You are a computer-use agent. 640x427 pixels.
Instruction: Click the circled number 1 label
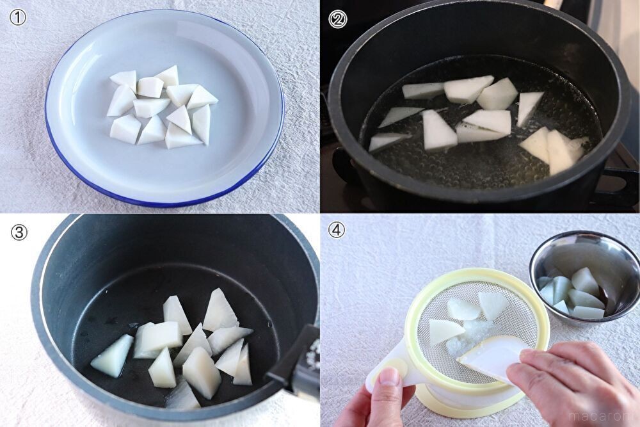coord(17,18)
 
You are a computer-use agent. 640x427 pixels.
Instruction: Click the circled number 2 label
coord(337,19)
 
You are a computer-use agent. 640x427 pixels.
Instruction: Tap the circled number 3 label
coord(19,232)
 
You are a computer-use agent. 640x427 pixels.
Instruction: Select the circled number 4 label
coord(337,230)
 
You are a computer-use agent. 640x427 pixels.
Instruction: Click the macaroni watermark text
coord(602,415)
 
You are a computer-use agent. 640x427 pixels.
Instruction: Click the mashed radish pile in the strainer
coord(465,339)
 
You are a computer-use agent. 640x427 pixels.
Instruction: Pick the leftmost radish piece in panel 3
coord(112,355)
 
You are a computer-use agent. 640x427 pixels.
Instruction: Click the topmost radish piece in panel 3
coord(220,310)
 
